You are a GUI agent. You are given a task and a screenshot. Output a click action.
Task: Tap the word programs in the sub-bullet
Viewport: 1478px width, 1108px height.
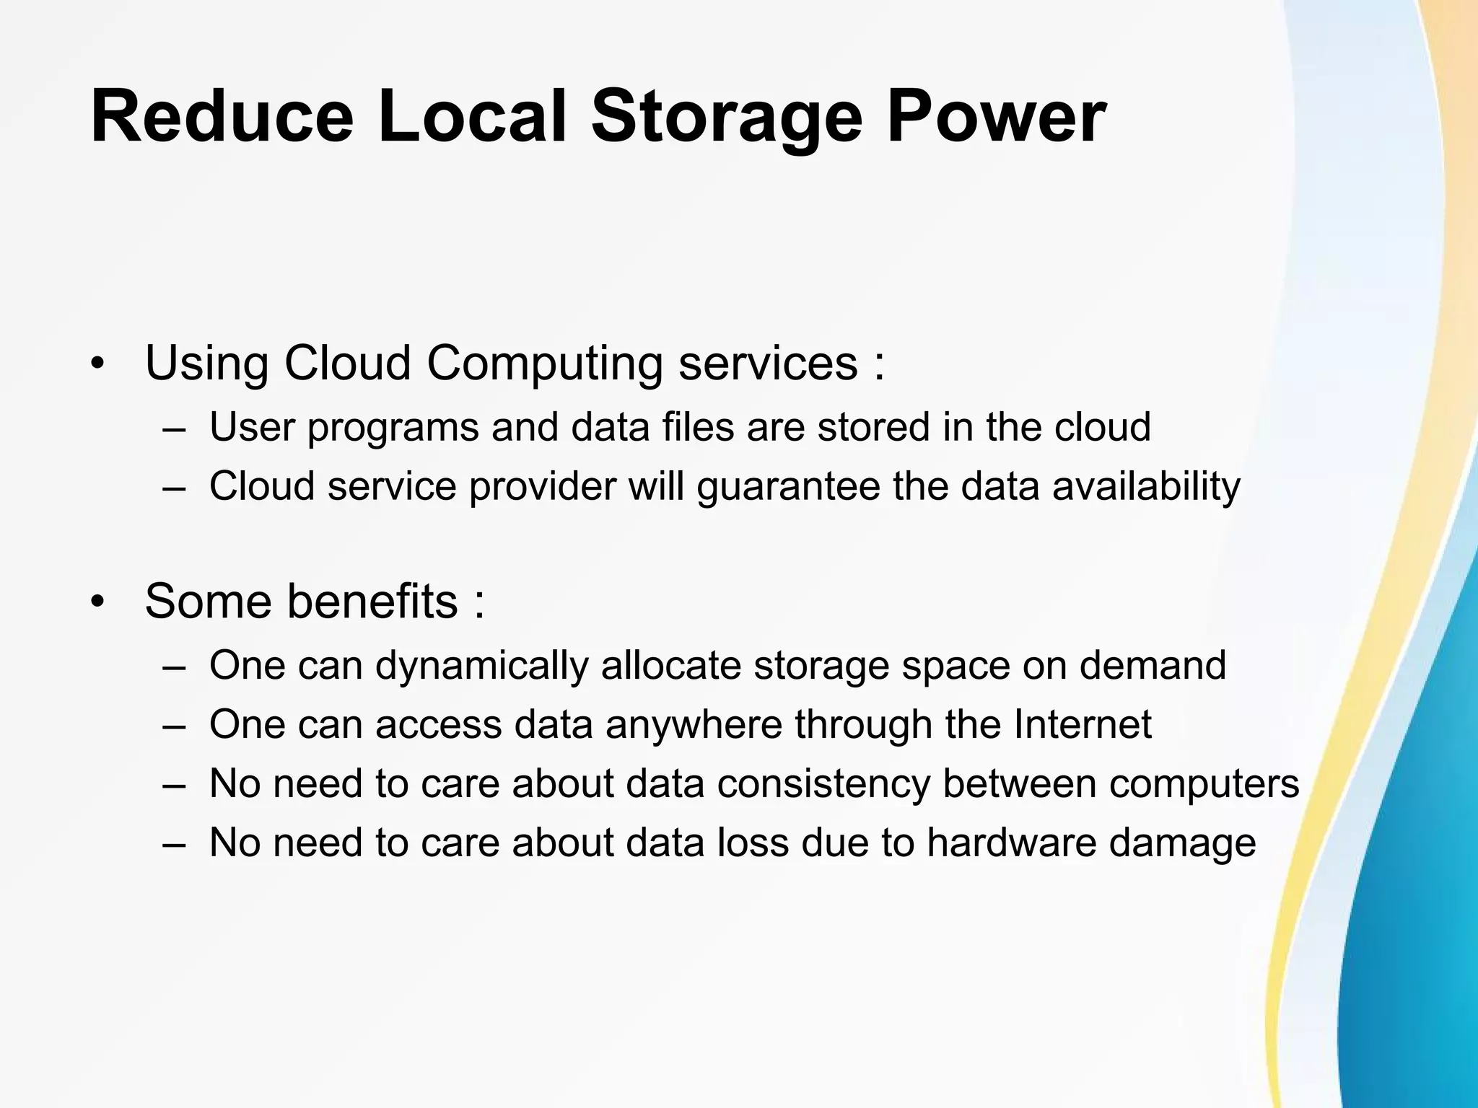pyautogui.click(x=393, y=427)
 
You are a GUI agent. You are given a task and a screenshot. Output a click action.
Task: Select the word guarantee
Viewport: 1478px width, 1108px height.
pyautogui.click(x=788, y=486)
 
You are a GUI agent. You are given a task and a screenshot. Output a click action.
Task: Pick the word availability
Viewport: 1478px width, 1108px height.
pyautogui.click(x=1146, y=486)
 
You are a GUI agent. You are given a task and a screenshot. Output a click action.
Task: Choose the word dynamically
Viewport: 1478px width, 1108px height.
pyautogui.click(x=481, y=665)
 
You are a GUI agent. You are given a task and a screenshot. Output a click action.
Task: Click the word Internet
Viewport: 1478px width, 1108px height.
pyautogui.click(x=1083, y=724)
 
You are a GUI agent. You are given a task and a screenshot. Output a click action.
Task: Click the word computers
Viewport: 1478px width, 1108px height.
pyautogui.click(x=1204, y=783)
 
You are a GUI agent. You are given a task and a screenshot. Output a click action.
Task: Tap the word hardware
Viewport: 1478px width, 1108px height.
pyautogui.click(x=1011, y=842)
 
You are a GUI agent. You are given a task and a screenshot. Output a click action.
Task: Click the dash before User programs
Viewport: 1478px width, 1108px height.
pyautogui.click(x=174, y=428)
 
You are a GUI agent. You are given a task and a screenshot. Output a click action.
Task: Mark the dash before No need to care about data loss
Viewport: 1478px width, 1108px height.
pyautogui.click(x=174, y=843)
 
